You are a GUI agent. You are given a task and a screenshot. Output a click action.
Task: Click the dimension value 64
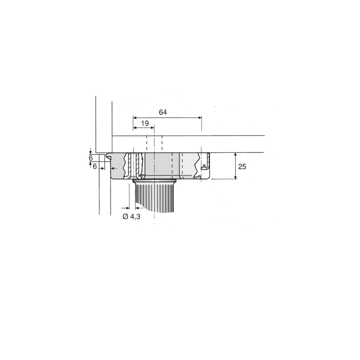(x=163, y=112)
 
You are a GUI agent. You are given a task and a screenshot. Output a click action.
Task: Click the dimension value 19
(x=145, y=123)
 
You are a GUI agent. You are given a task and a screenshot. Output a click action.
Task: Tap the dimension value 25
(x=242, y=166)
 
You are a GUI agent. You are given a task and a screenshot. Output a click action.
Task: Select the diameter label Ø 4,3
(x=131, y=217)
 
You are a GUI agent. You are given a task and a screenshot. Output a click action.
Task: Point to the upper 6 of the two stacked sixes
(x=91, y=158)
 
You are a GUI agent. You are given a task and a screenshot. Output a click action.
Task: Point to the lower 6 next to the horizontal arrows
(x=95, y=166)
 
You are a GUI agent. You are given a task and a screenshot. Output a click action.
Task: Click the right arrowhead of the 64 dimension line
(x=200, y=118)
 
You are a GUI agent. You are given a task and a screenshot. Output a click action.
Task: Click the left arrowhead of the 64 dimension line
(x=135, y=118)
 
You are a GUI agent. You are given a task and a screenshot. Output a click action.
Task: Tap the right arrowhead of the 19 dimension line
(x=152, y=128)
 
